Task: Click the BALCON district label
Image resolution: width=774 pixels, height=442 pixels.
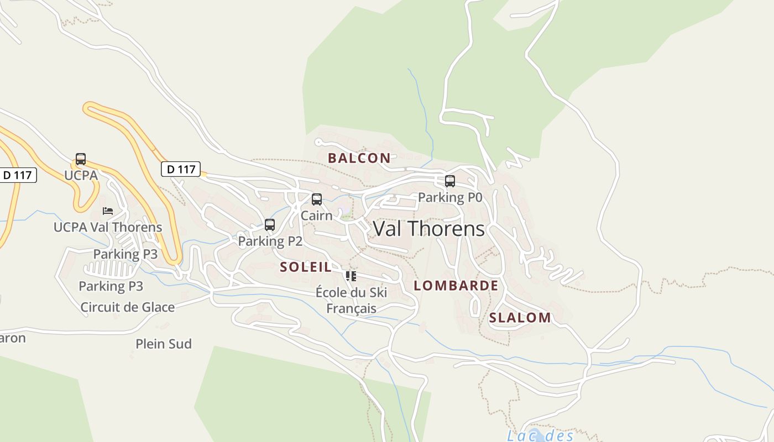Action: click(359, 158)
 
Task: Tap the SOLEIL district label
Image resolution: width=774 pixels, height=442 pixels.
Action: click(306, 267)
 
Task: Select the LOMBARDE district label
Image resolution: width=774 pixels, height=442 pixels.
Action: click(456, 286)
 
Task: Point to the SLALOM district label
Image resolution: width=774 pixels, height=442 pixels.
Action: click(520, 318)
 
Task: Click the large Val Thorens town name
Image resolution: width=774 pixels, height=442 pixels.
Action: click(429, 229)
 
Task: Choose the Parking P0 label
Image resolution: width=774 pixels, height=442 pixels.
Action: click(450, 197)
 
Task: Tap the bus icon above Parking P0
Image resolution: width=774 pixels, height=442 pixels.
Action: click(450, 181)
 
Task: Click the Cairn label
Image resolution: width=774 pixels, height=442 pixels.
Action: click(317, 215)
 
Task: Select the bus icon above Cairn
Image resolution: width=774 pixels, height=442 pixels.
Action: click(317, 199)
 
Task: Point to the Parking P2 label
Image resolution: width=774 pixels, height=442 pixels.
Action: click(270, 241)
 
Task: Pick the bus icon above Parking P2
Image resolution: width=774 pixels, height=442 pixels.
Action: click(270, 225)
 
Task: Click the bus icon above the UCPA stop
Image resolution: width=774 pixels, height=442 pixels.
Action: click(81, 159)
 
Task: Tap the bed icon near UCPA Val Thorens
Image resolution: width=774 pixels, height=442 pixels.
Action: click(108, 211)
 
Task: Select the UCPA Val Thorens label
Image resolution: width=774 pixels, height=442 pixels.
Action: click(108, 227)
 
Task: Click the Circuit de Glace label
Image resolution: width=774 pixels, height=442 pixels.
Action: click(128, 307)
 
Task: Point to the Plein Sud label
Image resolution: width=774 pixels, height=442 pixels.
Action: click(164, 344)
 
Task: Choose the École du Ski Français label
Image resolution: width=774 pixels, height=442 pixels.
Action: click(352, 300)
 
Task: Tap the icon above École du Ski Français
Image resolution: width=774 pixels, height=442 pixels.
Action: click(351, 276)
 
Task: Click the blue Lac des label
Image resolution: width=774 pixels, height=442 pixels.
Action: click(541, 436)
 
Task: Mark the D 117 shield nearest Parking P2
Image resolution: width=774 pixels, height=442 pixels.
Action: click(181, 169)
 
